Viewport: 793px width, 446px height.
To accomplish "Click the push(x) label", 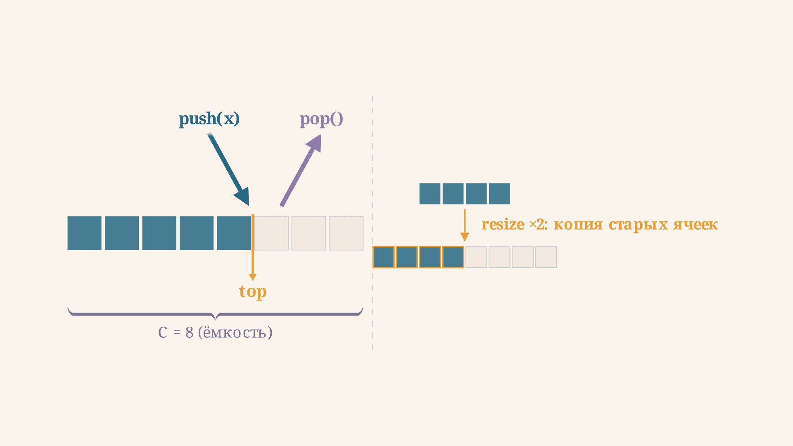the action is click(x=209, y=119).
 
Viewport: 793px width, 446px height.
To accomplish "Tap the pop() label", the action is click(x=321, y=119).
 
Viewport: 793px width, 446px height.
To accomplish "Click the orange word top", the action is click(x=253, y=292).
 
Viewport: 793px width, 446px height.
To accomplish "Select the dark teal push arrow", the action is click(x=228, y=169).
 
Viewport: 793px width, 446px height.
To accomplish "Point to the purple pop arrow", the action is click(x=301, y=170).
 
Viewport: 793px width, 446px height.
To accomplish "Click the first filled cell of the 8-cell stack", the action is click(x=84, y=233).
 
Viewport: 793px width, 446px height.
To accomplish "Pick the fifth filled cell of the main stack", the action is click(x=234, y=233).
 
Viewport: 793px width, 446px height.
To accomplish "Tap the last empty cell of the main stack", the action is click(x=346, y=233).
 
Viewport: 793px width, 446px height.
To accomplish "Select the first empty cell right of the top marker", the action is click(x=271, y=233).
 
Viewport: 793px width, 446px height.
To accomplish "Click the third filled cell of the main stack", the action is click(x=159, y=233).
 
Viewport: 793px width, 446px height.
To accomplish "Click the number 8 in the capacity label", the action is click(x=189, y=332).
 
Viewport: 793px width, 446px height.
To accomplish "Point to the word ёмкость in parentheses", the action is click(x=235, y=332).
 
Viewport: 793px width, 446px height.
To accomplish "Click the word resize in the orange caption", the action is click(x=503, y=225).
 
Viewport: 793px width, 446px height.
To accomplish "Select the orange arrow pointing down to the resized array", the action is click(x=465, y=225).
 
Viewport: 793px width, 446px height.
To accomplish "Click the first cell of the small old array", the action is click(x=430, y=194).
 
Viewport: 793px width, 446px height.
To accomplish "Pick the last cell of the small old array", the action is click(x=499, y=194).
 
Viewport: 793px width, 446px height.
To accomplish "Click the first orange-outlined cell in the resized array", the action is click(x=384, y=257).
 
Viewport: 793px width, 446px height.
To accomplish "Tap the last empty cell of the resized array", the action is click(x=546, y=257).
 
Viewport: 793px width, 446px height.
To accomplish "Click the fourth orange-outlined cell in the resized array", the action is click(x=453, y=257).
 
